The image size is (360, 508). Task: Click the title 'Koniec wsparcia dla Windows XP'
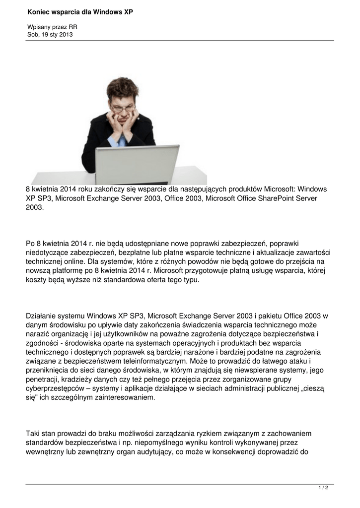[x=80, y=11]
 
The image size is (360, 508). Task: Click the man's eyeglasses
[x=122, y=108]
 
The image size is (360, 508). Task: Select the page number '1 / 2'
[x=323, y=488]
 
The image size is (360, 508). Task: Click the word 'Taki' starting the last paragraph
[x=33, y=434]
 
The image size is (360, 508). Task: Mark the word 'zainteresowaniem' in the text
[x=125, y=398]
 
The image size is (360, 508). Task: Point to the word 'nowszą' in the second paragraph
[x=38, y=270]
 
